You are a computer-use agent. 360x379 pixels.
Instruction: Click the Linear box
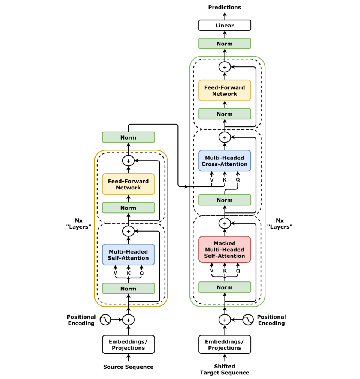225,26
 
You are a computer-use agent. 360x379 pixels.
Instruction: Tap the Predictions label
225,7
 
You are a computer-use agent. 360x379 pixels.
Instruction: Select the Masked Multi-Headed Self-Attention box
225,250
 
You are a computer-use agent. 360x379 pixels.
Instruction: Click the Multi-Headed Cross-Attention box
225,161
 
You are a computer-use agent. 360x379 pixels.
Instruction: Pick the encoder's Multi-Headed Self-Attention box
128,255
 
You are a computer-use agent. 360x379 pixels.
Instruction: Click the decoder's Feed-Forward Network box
225,90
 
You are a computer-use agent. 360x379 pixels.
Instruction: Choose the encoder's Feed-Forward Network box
128,184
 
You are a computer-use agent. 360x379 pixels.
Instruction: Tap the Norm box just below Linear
225,44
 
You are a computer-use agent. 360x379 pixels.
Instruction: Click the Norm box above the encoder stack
128,137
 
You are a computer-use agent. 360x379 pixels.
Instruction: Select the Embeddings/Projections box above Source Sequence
128,344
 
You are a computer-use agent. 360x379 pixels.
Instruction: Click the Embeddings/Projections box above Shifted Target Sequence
225,344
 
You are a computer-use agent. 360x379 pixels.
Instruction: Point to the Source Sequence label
128,367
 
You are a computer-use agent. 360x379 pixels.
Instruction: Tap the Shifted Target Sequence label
225,370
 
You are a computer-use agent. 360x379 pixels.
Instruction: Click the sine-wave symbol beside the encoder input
105,320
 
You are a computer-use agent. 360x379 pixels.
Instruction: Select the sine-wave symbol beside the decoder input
248,320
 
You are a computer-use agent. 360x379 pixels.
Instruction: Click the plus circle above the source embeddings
128,320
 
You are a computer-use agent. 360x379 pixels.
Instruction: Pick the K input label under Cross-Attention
225,180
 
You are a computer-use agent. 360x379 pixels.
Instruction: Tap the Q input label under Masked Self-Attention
238,271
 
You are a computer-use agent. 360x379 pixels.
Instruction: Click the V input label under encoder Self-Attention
115,273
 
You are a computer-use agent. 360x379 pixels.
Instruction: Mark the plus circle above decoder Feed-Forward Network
225,67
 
